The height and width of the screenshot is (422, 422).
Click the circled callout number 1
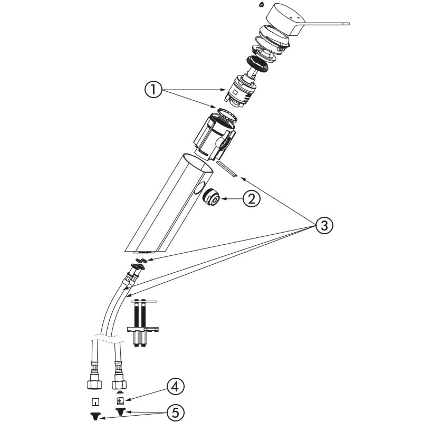click(x=154, y=90)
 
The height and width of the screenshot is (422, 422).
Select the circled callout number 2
click(x=252, y=199)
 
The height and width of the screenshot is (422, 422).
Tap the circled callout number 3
click(x=324, y=225)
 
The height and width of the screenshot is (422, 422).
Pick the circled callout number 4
click(x=176, y=387)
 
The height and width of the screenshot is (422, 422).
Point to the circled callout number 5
click(x=176, y=413)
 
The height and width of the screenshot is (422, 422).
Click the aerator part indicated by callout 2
click(x=212, y=198)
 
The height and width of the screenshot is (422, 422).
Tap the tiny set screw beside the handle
click(x=261, y=4)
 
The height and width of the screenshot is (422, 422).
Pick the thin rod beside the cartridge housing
click(x=227, y=169)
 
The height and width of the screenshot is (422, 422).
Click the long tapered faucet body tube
click(x=169, y=204)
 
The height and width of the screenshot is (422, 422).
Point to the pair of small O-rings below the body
click(x=141, y=260)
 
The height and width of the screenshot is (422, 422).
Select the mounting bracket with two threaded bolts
click(x=142, y=323)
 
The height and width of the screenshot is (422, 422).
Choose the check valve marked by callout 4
click(x=120, y=400)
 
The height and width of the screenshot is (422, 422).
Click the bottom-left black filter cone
click(x=95, y=416)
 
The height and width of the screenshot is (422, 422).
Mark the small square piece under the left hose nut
click(x=95, y=402)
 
